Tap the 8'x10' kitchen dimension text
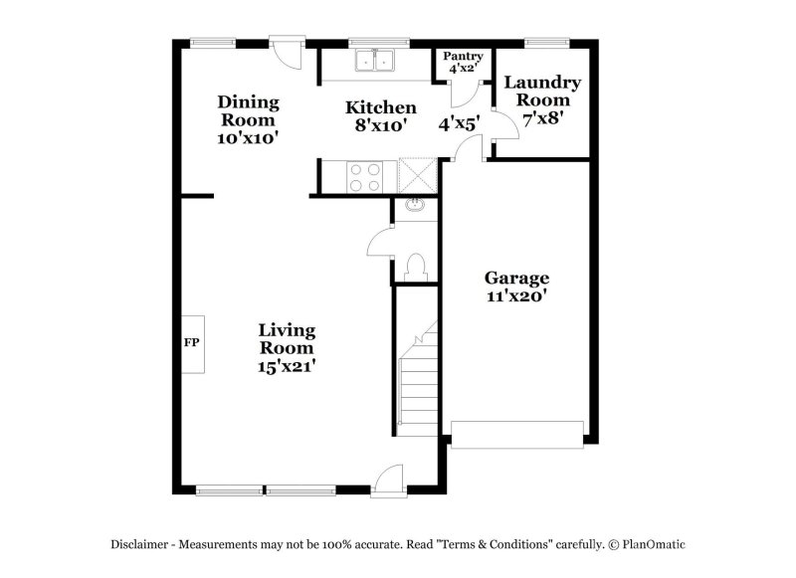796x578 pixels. click(380, 125)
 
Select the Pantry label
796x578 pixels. click(463, 57)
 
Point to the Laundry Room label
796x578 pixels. click(542, 92)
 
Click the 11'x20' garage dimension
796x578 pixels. click(516, 295)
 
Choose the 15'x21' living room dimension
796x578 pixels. click(287, 365)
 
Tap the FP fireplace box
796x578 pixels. click(191, 343)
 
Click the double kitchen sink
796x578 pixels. click(377, 62)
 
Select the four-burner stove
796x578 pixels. click(365, 176)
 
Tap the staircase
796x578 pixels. click(418, 383)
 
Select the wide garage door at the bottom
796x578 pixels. click(517, 433)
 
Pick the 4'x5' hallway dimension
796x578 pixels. click(460, 124)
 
